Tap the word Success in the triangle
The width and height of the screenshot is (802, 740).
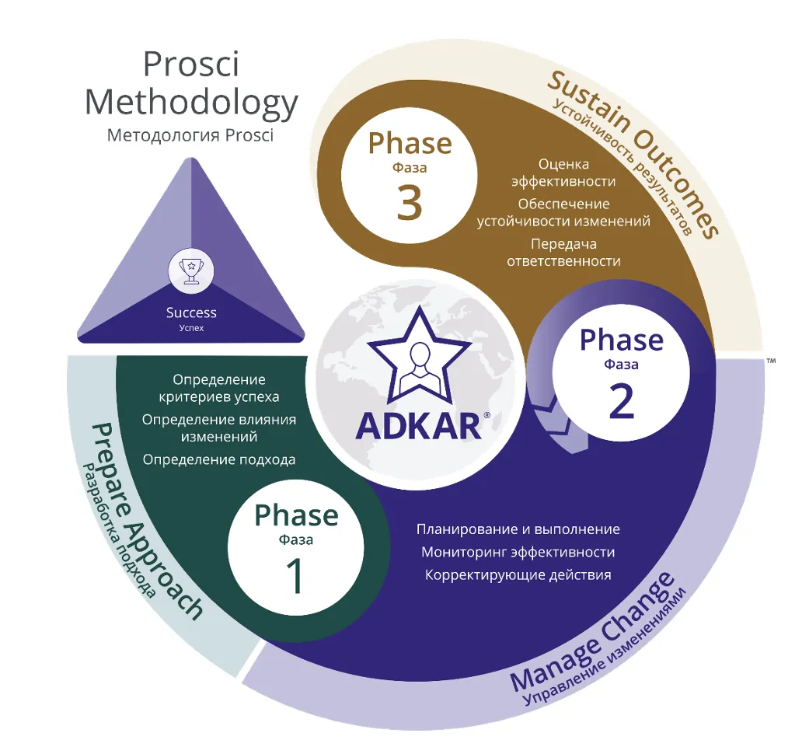pos(191,312)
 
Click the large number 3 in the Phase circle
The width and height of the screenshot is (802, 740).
pos(409,201)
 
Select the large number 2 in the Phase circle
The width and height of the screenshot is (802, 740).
pos(621,400)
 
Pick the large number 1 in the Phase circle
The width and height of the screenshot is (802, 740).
pos(296,576)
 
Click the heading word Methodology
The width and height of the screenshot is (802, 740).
pos(191,103)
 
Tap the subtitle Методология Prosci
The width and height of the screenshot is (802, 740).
pos(191,135)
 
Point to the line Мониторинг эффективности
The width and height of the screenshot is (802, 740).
pos(518,552)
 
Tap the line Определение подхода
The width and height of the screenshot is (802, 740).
pos(219,459)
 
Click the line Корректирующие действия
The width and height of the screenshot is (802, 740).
pos(518,575)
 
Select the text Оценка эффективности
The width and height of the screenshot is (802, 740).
pos(563,173)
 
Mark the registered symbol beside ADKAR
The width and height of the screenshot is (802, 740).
pos(487,416)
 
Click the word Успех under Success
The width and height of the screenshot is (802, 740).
pos(191,328)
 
